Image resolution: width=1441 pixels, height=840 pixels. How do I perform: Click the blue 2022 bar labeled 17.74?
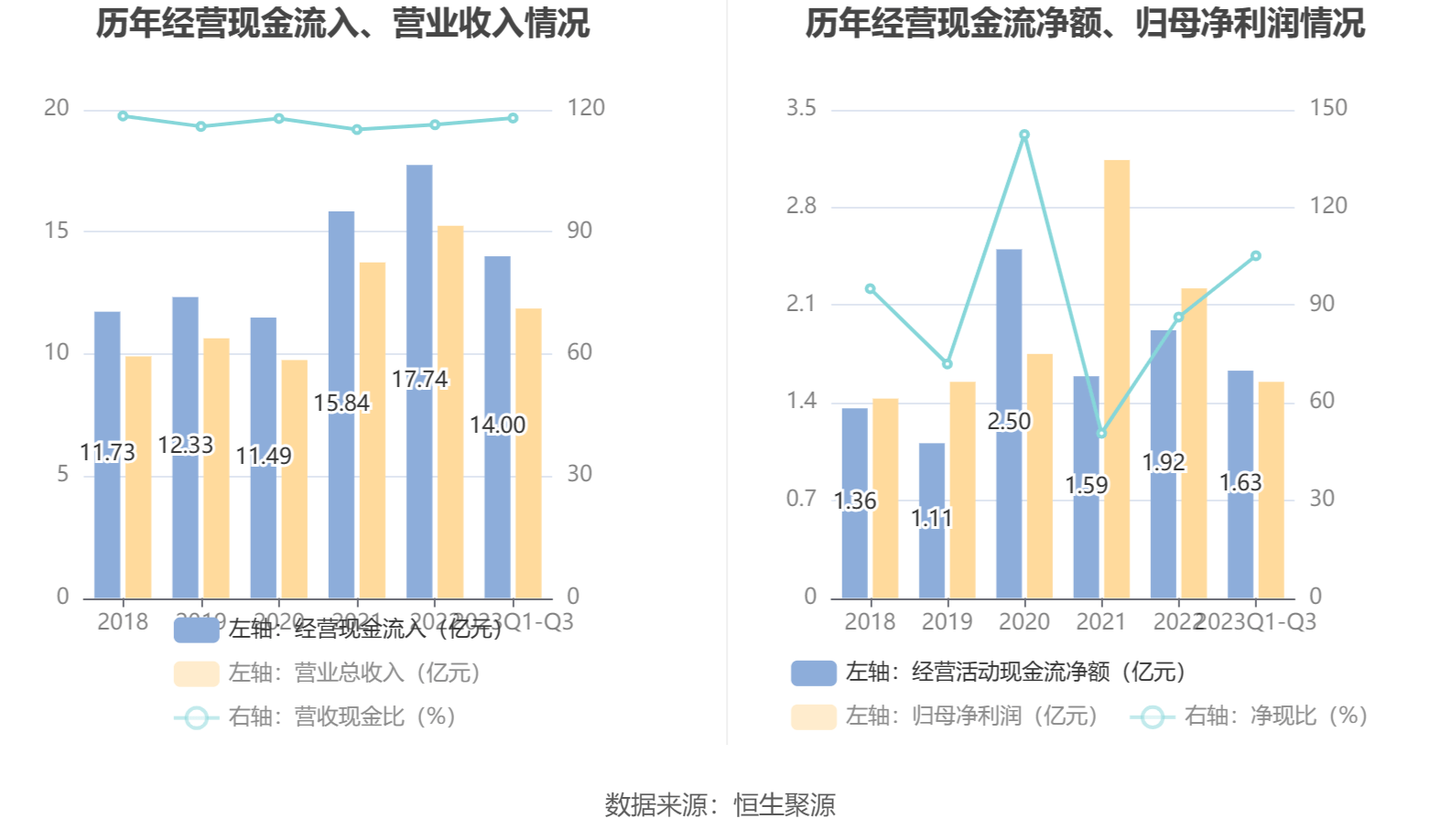[419, 275]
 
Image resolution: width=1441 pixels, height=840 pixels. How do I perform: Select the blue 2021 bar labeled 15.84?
[341, 302]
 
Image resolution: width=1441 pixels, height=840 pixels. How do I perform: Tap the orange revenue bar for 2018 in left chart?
[138, 476]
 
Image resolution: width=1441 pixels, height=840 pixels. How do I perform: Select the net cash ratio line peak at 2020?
[1024, 135]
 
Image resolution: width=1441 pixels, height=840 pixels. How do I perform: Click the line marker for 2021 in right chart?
[1101, 434]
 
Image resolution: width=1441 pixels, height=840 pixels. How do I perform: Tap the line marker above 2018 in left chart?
[123, 116]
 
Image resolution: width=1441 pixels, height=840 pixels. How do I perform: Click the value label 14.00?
[498, 425]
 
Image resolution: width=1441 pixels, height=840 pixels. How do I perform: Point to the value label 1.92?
[1164, 463]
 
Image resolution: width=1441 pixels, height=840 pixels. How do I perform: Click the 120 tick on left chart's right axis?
[586, 108]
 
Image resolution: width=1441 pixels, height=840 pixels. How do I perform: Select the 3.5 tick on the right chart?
[801, 108]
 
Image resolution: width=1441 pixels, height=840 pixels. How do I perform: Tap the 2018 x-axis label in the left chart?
[123, 622]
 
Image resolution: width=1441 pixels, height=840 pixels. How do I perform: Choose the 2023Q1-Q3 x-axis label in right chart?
[1256, 622]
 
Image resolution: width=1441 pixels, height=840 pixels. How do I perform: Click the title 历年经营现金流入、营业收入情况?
[343, 24]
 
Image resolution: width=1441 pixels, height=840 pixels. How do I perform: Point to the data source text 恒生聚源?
[785, 805]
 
